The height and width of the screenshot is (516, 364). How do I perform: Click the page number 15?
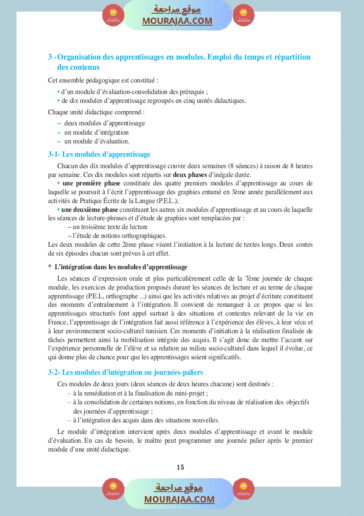point(180,467)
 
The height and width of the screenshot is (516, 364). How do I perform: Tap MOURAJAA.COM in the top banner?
point(177,21)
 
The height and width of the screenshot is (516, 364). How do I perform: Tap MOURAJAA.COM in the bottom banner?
point(179,499)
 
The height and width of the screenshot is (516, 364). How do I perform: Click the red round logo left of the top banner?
point(113,16)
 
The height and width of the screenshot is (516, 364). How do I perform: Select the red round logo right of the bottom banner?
point(244,489)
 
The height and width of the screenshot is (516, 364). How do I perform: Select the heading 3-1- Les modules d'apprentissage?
point(99,154)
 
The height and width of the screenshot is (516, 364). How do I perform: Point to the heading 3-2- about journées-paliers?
point(125,373)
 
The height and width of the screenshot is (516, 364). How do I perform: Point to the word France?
point(57,323)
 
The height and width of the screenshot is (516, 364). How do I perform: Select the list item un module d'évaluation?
point(97,141)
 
